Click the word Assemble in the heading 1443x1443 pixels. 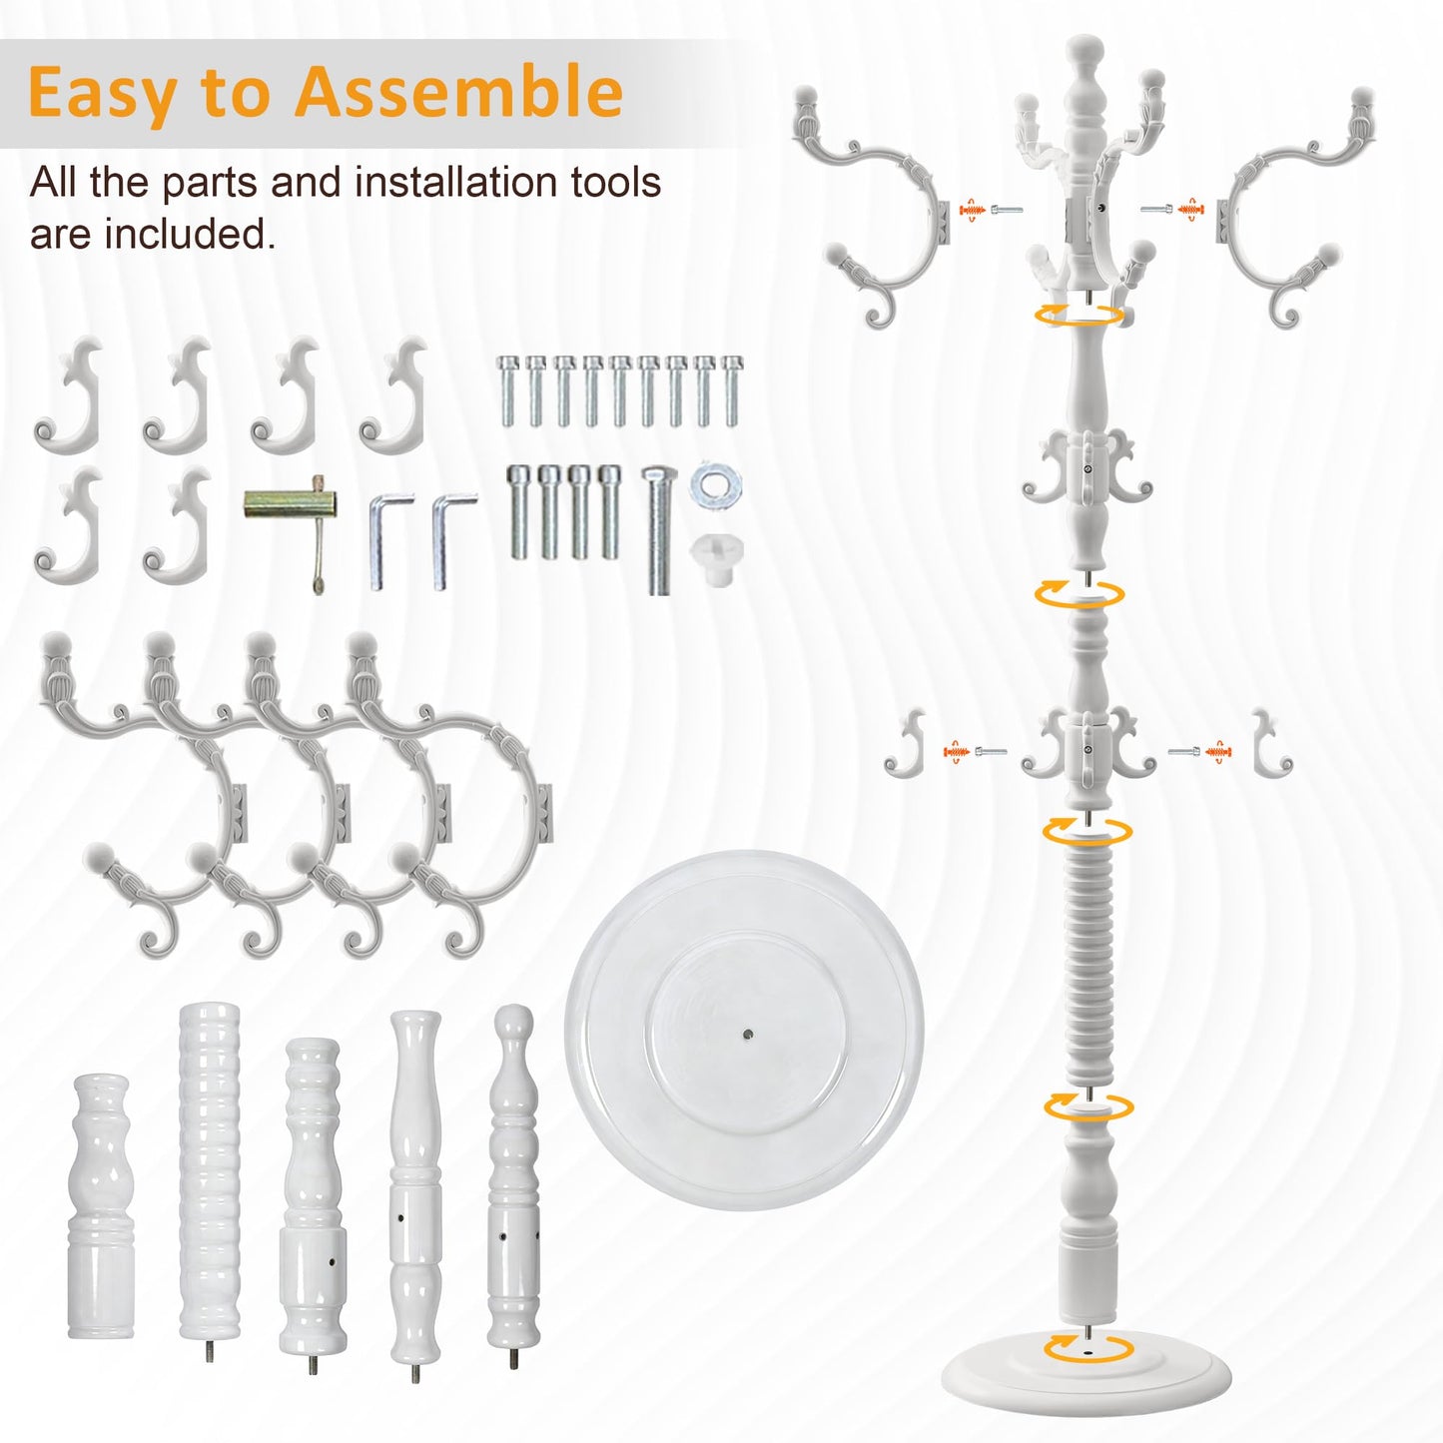tap(458, 91)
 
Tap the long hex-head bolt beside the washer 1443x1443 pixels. tap(659, 530)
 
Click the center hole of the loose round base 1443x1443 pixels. tap(749, 1036)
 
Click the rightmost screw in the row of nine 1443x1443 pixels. tap(732, 390)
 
